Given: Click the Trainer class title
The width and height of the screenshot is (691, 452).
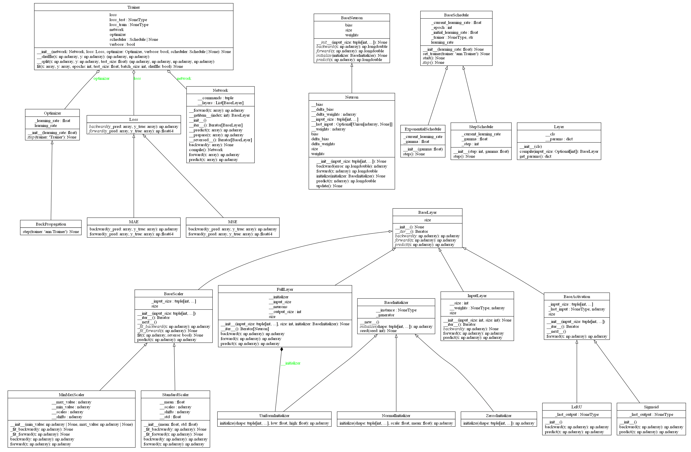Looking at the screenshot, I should (134, 7).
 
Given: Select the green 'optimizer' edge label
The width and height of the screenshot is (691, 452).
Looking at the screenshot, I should (101, 79).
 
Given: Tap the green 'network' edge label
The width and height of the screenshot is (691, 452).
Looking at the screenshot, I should (184, 79).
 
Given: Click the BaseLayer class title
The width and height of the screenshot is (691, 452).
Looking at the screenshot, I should (427, 213).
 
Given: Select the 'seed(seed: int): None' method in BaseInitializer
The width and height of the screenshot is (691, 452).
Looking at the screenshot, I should (378, 331).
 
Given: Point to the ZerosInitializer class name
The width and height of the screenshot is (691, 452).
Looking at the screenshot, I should (498, 416).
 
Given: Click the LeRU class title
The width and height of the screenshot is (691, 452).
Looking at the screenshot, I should (577, 407).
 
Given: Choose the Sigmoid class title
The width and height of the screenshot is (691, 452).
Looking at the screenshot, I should (651, 407).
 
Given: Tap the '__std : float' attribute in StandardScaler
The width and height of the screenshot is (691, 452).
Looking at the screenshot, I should (170, 417).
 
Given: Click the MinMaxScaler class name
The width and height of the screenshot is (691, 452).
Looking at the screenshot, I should (71, 395).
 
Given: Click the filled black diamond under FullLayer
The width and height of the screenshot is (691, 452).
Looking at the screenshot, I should (282, 349).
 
